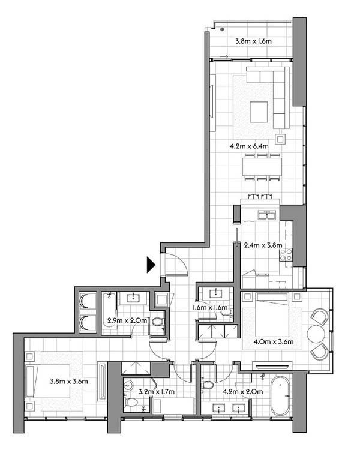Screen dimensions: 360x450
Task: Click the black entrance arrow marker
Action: click(x=151, y=265)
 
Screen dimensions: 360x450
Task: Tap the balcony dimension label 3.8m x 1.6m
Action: click(x=253, y=41)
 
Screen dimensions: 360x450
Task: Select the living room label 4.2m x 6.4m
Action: click(x=249, y=146)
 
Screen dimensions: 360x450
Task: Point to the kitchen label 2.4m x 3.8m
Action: click(x=263, y=245)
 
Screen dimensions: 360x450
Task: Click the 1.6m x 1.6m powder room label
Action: click(x=210, y=307)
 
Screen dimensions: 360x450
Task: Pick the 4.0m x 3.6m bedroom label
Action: click(x=274, y=342)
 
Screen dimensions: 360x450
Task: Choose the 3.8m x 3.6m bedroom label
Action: click(x=69, y=382)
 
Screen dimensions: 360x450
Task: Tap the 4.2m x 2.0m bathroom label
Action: click(x=243, y=391)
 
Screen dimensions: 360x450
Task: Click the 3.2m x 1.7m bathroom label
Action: click(x=157, y=391)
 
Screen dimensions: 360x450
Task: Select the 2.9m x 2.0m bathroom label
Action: click(x=127, y=320)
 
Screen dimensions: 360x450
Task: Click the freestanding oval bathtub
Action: click(x=280, y=396)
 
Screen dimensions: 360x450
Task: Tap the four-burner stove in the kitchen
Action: click(x=286, y=254)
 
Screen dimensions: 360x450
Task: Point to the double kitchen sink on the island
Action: click(x=267, y=215)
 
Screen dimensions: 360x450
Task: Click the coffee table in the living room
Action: click(x=259, y=112)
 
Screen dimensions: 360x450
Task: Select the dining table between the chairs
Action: click(x=262, y=167)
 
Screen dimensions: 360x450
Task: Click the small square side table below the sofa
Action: click(x=280, y=139)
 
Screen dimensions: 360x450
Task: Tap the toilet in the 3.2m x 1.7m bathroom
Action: click(x=131, y=403)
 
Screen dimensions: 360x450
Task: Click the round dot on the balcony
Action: click(x=222, y=29)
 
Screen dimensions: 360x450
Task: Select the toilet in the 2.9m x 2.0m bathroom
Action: click(x=157, y=322)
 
